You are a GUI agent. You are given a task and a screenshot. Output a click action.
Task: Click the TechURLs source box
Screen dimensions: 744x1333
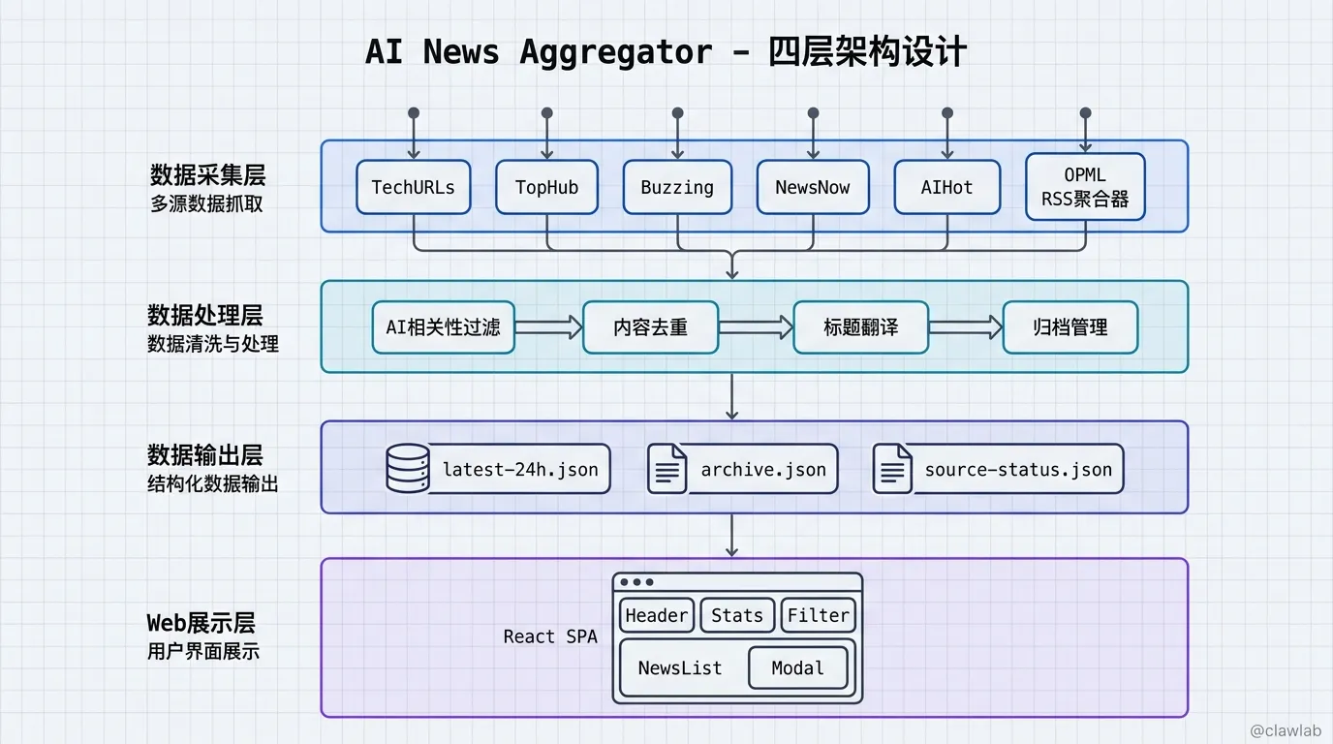pos(414,187)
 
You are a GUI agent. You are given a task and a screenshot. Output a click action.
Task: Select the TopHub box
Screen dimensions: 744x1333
pos(546,187)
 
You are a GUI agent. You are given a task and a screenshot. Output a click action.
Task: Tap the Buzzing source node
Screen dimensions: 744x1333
pos(677,187)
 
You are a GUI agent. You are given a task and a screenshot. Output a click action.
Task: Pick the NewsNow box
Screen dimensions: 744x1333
pos(812,187)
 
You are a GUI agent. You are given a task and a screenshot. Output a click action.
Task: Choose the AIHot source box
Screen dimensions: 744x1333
pos(946,187)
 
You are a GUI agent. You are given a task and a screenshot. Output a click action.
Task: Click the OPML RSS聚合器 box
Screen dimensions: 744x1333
pos(1085,187)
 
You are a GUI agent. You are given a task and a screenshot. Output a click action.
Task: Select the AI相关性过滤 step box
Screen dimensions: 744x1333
pos(444,327)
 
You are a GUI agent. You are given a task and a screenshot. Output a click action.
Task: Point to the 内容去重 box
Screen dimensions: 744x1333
pos(650,327)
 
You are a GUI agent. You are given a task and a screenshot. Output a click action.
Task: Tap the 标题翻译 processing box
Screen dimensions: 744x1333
pos(860,327)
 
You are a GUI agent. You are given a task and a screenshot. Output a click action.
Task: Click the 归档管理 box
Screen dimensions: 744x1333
pos(1069,327)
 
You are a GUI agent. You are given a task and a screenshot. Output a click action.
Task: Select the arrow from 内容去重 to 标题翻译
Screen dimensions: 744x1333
pos(756,327)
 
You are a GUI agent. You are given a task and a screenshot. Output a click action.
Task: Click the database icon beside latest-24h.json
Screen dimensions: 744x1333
pos(407,469)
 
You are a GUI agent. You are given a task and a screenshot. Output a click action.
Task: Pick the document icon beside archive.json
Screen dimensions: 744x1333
pos(666,469)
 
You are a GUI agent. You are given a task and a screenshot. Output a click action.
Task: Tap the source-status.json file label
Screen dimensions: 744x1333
pos(1018,470)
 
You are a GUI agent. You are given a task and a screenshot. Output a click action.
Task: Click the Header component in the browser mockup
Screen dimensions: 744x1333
pos(656,615)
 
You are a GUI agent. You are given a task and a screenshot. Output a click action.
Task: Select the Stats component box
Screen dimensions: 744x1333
pos(737,615)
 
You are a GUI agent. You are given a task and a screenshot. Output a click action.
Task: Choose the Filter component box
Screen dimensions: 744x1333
pos(818,615)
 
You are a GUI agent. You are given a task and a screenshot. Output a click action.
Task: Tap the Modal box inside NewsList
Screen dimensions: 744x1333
pos(797,667)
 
